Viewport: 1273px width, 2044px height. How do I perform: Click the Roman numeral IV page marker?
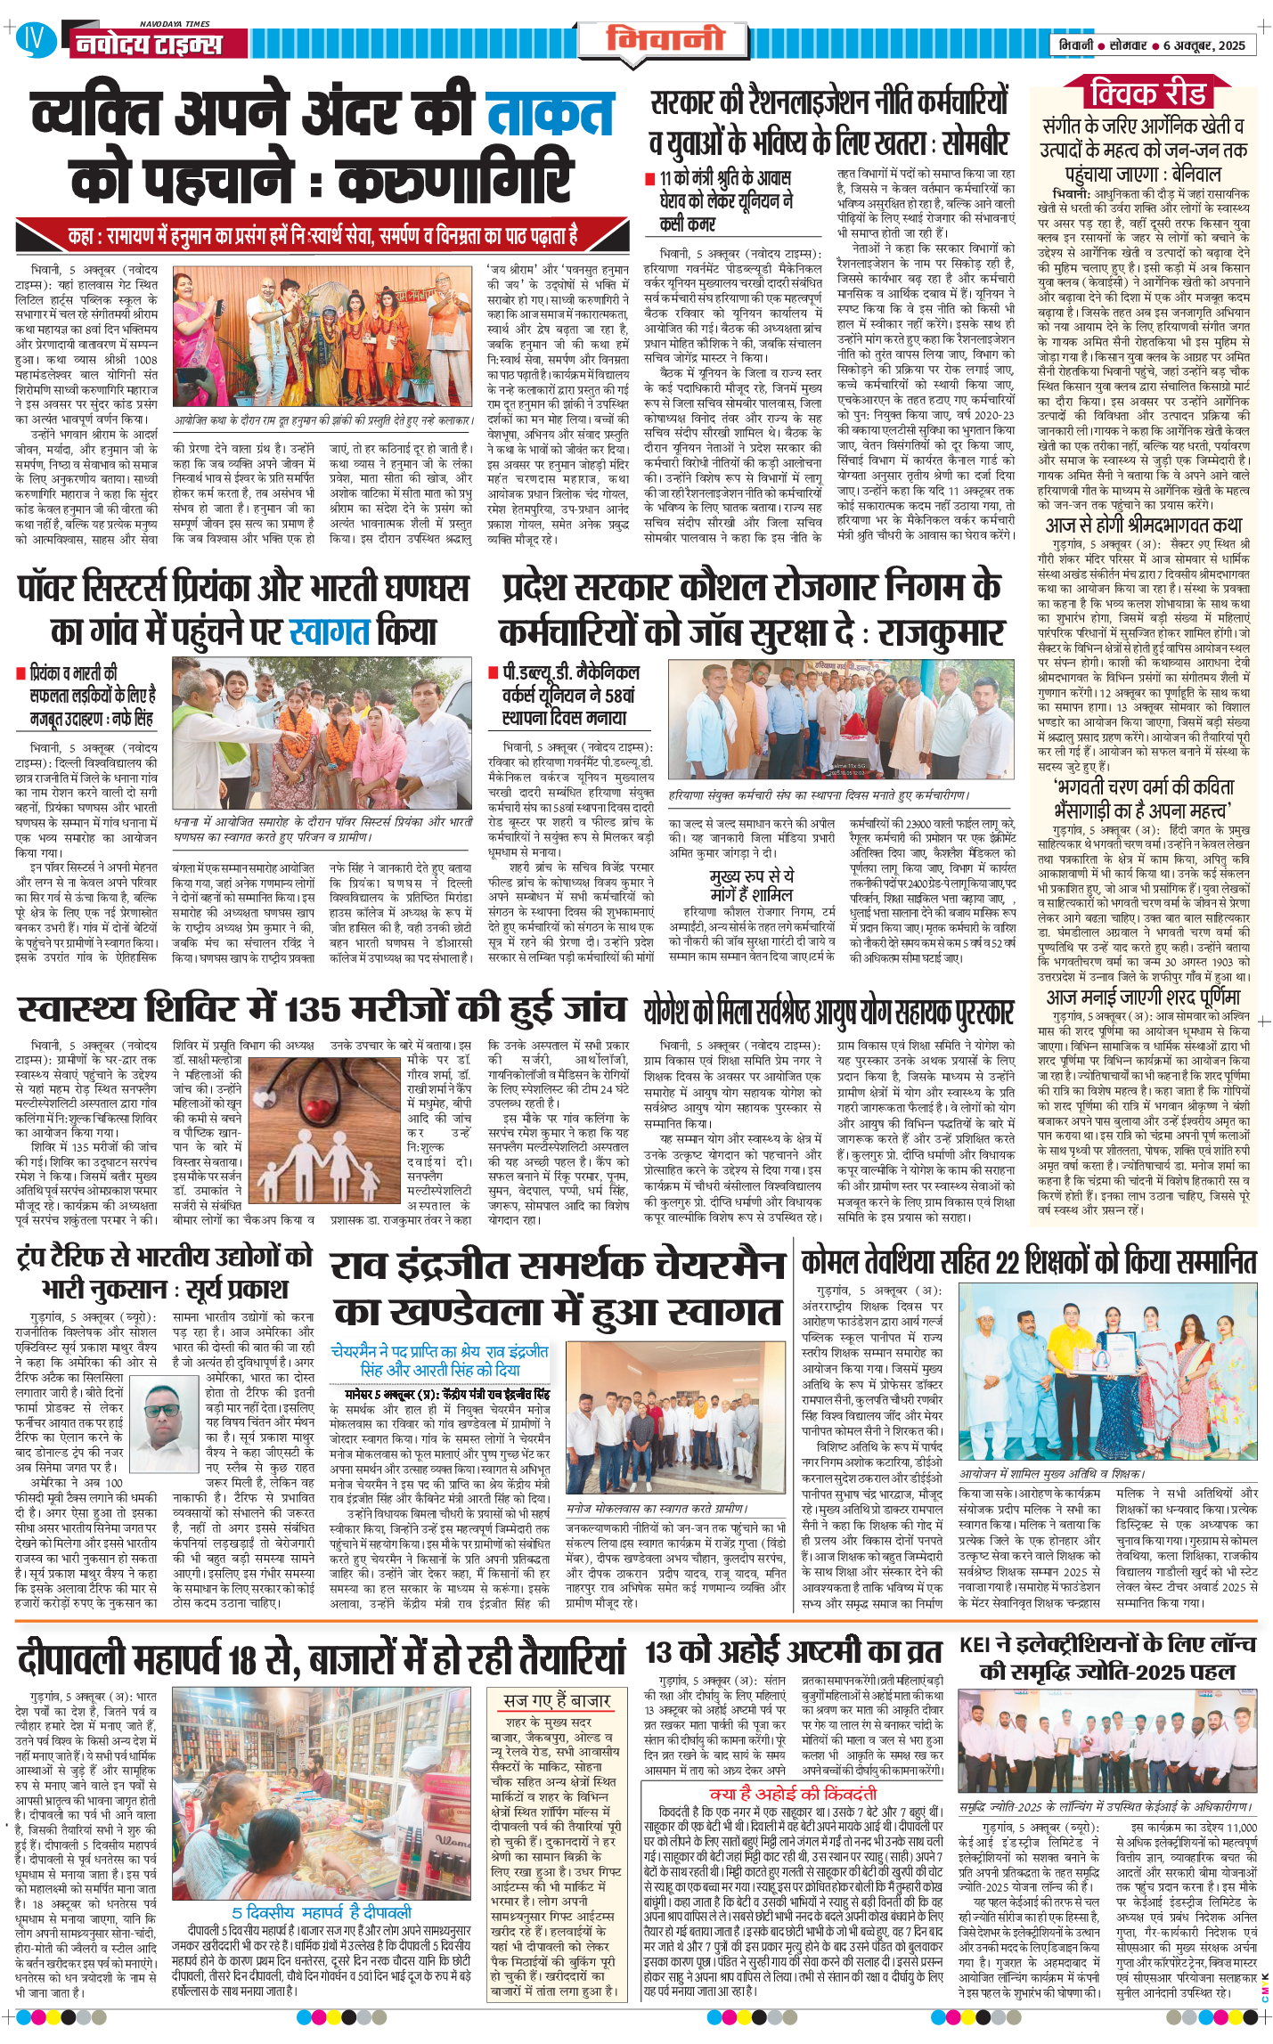pyautogui.click(x=33, y=38)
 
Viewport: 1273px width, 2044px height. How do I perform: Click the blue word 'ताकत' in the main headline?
pyautogui.click(x=550, y=115)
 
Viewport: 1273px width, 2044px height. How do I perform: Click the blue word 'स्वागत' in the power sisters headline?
pyautogui.click(x=330, y=631)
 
